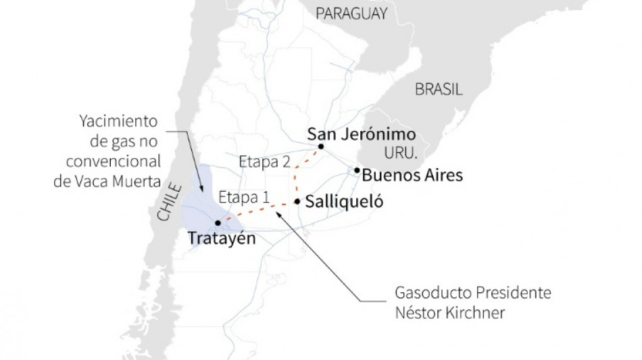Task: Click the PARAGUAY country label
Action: click(x=351, y=14)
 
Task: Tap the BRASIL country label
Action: click(x=439, y=89)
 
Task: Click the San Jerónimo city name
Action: click(x=361, y=133)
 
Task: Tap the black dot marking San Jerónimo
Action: click(x=321, y=147)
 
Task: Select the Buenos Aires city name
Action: click(x=412, y=176)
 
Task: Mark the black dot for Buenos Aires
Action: click(x=357, y=170)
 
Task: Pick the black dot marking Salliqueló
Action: click(x=297, y=201)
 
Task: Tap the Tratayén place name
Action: click(x=222, y=239)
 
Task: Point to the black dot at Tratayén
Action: click(x=217, y=223)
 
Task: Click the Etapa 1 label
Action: click(x=244, y=197)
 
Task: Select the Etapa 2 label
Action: click(x=265, y=162)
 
